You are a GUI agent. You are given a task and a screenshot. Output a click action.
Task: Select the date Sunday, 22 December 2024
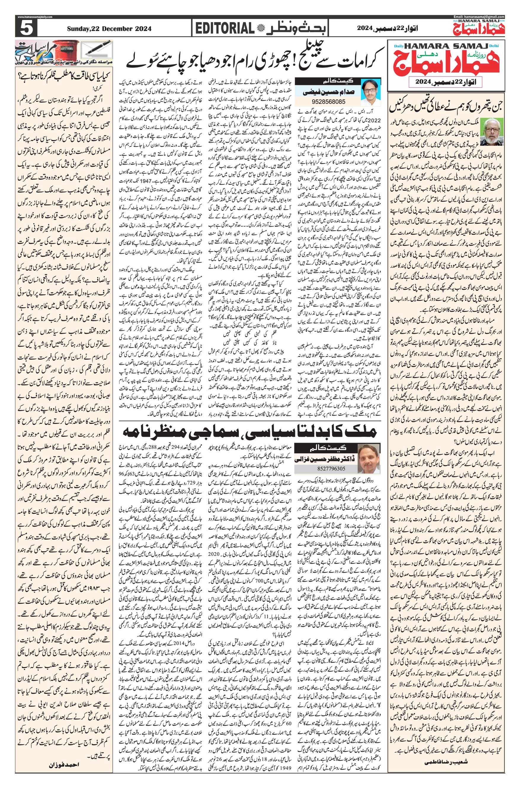(109, 29)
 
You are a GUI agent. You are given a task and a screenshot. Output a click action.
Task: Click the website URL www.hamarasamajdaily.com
(36, 17)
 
